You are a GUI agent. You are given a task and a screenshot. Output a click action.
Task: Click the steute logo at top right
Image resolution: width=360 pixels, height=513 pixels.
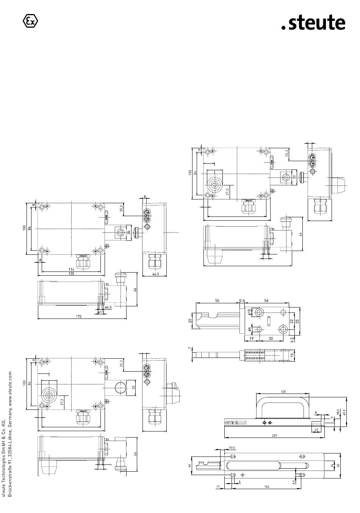(313, 23)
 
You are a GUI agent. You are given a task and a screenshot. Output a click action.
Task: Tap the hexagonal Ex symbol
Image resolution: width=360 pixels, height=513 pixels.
(31, 21)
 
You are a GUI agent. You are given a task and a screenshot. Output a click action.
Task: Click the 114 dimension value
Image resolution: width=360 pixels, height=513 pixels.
(72, 269)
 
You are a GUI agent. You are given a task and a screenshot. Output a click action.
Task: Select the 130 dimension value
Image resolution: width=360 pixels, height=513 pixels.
(72, 273)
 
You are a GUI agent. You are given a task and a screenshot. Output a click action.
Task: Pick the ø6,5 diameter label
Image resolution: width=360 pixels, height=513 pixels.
(108, 307)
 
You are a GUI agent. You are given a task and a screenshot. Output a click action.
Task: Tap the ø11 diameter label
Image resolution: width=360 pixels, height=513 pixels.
(100, 312)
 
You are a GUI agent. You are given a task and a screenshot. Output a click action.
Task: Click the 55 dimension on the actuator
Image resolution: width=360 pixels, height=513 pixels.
(217, 300)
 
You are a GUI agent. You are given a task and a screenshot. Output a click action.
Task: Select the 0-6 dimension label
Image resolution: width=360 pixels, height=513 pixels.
(242, 300)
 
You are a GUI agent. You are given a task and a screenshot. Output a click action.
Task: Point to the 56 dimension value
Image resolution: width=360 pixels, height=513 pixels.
(266, 300)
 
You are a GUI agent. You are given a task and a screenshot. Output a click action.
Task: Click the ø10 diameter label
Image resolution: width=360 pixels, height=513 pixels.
(249, 312)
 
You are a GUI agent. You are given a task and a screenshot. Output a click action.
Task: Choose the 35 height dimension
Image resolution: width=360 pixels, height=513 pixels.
(298, 321)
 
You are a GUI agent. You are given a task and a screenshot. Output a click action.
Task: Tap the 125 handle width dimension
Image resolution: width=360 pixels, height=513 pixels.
(283, 392)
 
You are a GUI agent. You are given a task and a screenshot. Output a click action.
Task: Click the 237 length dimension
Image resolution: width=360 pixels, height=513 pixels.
(274, 436)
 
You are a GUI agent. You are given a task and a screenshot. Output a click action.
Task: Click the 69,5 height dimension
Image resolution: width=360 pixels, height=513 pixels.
(344, 412)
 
